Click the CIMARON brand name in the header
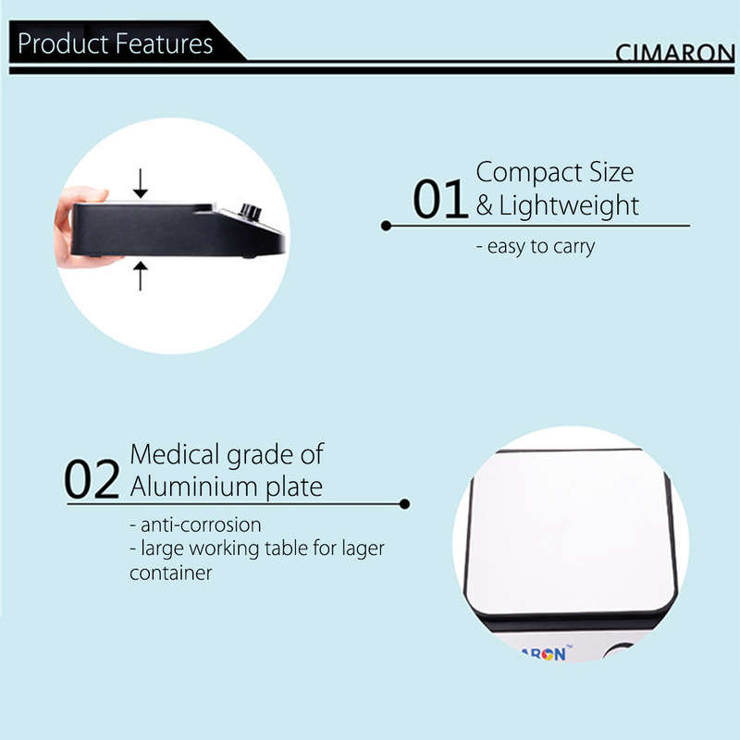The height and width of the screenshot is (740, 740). pos(675,53)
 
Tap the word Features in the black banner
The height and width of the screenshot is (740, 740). pos(164,43)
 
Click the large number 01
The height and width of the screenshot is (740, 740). pos(440,199)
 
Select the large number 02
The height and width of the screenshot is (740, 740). pos(92,479)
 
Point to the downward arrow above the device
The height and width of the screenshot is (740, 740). pos(141,183)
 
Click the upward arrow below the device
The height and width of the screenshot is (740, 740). pos(141,276)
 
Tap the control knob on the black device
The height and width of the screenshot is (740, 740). pos(250,212)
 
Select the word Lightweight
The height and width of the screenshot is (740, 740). pos(569,206)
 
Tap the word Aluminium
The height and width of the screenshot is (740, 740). pos(194,487)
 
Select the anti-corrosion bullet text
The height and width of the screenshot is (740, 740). pos(195,524)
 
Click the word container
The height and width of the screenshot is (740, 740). pos(171,573)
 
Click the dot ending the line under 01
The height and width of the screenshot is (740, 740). pos(386,226)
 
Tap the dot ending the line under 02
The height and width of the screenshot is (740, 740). pos(404,504)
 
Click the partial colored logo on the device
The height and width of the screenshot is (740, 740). pos(546,653)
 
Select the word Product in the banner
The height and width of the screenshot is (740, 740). pos(63,43)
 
